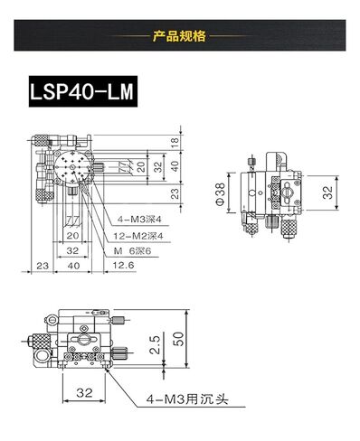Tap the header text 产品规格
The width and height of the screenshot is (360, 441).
(180, 37)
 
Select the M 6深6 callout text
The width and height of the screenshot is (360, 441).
(133, 250)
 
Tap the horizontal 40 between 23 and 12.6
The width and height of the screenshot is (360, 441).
(73, 266)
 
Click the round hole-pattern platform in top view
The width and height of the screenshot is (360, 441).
(73, 168)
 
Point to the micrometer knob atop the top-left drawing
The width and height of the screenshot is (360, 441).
(43, 141)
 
